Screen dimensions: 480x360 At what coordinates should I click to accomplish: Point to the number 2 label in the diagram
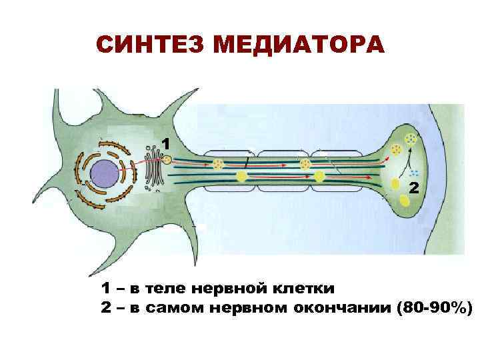point(414,187)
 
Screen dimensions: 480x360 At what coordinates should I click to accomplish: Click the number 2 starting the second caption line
point(105,307)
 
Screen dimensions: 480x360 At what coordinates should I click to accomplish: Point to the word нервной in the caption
point(229,289)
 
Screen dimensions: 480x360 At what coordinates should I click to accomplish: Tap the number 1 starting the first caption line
point(105,289)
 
